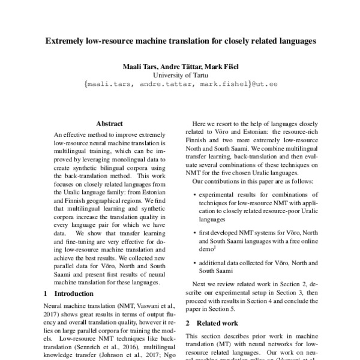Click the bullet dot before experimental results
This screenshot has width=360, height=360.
click(x=196, y=195)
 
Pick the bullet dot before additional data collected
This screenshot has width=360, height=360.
click(x=196, y=263)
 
